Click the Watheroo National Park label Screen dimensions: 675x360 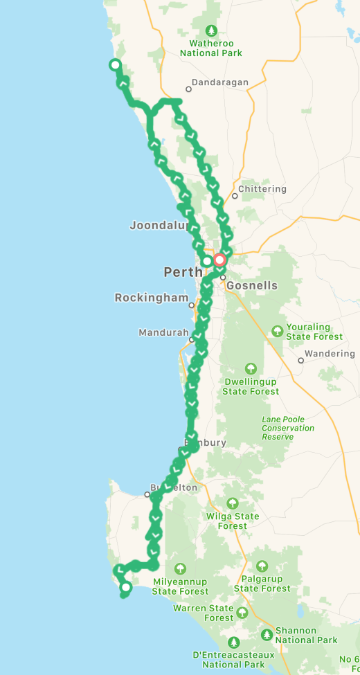pos(211,48)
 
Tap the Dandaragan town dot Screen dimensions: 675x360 pos(188,89)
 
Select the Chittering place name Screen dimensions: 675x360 pos(262,189)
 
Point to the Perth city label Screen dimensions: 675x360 pos(183,272)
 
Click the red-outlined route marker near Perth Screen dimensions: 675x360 pos(219,260)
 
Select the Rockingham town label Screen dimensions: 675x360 pos(151,298)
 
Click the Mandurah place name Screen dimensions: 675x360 pos(163,332)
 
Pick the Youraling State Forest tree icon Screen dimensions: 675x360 pos(278,330)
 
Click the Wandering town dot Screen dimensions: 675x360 pos(301,360)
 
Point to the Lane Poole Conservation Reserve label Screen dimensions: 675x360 pos(287,428)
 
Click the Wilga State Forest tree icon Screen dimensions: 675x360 pos(233,503)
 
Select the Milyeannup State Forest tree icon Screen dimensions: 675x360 pos(180,569)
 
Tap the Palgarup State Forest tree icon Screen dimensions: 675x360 pos(262,567)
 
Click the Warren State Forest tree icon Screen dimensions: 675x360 pos(242,613)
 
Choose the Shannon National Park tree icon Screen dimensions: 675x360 pos(267,635)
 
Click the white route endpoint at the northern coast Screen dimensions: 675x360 pos(115,65)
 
